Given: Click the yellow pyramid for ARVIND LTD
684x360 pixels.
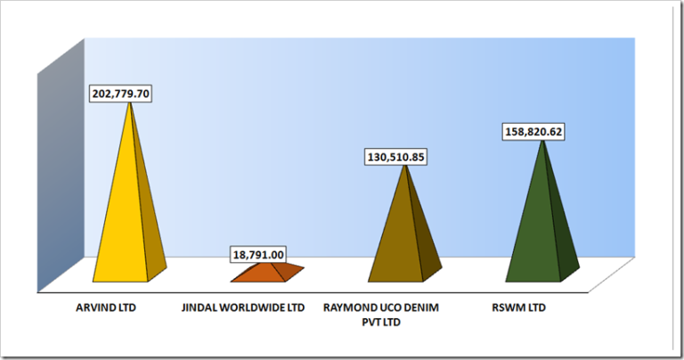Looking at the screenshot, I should point(131,223).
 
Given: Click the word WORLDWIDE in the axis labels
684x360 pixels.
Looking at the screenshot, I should point(258,308).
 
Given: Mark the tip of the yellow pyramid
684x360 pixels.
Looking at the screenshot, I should point(131,103).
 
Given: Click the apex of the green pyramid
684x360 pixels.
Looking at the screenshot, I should point(540,143).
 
